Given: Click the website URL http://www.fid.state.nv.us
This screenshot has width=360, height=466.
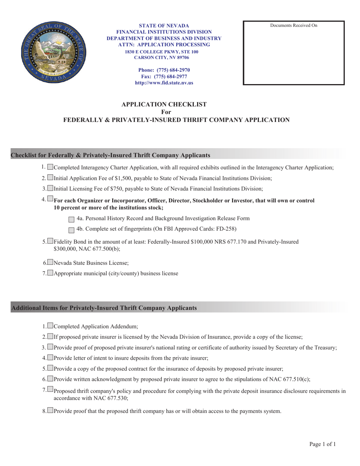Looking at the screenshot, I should tap(164, 83).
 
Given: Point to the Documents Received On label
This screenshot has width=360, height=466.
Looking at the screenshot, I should tap(294, 26).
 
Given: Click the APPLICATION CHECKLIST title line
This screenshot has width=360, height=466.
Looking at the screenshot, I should tap(164, 104).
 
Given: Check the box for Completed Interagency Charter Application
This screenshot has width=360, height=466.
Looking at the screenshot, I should tap(51, 167).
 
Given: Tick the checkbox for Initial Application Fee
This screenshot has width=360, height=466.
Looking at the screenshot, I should tap(51, 178).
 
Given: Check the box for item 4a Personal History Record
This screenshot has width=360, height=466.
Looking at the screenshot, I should tap(71, 219).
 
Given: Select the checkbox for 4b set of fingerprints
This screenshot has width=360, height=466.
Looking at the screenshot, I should tap(71, 230).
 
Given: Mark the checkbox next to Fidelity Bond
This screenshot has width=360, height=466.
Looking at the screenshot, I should tap(51, 241).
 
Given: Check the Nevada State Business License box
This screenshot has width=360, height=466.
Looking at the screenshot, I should tap(51, 262).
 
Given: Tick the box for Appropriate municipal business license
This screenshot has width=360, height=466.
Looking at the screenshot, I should tap(51, 273).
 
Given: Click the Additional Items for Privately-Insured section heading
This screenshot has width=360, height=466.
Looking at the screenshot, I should tap(105, 308).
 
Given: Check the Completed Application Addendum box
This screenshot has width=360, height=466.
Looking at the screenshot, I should tap(51, 326).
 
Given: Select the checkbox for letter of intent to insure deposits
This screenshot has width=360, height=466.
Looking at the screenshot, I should tap(51, 357).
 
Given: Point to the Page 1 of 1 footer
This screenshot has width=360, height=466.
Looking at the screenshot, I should tap(322, 444).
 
